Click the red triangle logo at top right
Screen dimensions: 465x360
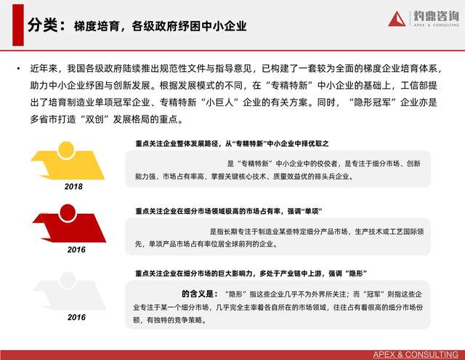[397, 19]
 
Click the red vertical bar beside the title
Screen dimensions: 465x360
[17, 25]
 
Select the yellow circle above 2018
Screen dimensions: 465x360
[66, 150]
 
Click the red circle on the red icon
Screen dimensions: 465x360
[68, 212]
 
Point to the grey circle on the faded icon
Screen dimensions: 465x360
[68, 281]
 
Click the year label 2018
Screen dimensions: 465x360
[73, 187]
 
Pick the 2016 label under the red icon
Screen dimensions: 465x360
[76, 250]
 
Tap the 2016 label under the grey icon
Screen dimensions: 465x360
[76, 317]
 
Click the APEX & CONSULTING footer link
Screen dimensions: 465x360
[416, 354]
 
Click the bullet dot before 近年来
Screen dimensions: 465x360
[19, 69]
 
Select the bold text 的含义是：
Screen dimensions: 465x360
[200, 294]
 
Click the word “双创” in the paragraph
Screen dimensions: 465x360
[94, 119]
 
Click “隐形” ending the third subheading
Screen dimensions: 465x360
[356, 273]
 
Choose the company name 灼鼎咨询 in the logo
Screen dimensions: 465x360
[436, 16]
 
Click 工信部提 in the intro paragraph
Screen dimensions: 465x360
[418, 86]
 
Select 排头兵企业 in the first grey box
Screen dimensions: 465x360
[332, 177]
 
